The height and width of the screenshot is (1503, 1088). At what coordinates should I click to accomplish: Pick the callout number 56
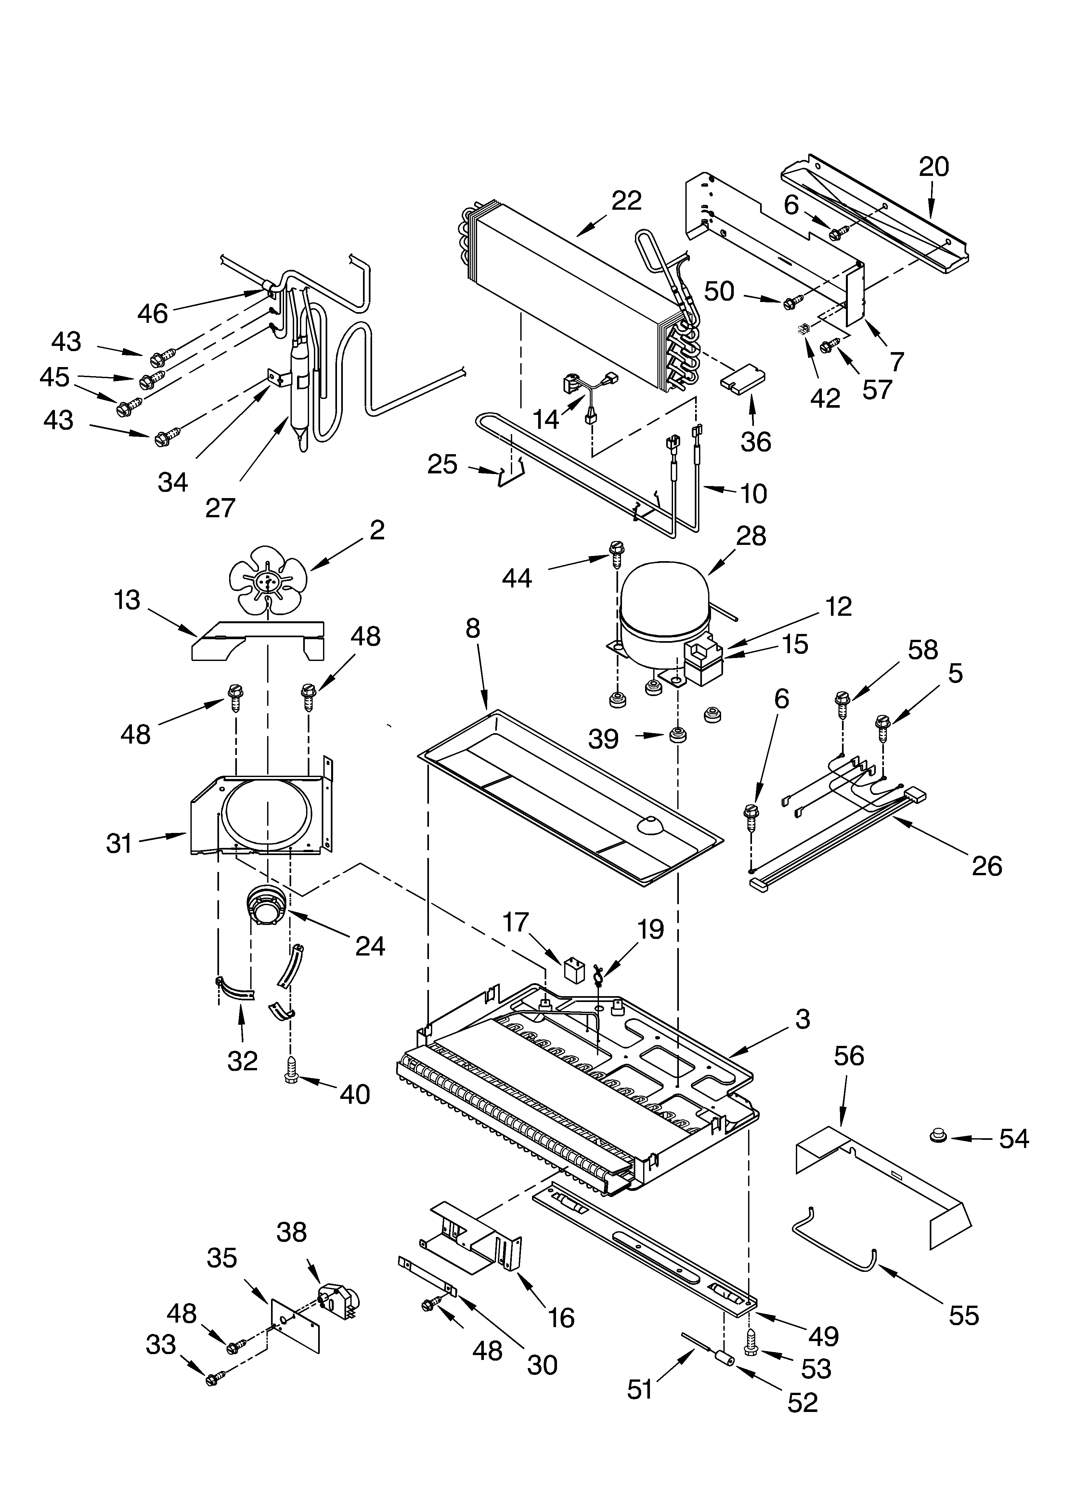849,1056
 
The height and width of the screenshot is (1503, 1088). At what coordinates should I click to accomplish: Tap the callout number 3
802,1019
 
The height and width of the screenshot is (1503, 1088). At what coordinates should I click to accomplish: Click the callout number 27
220,508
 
